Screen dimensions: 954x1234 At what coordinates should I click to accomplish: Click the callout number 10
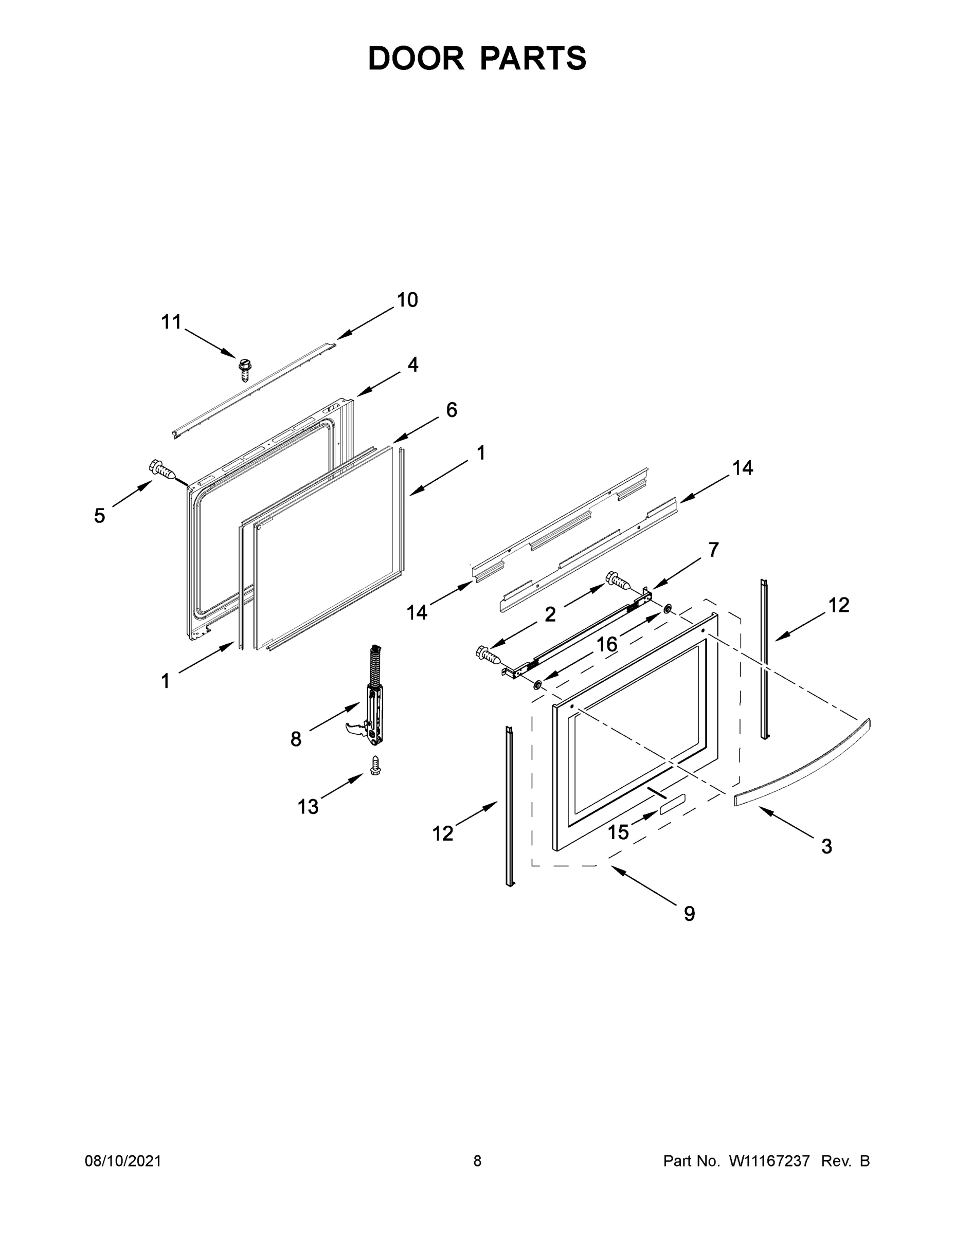coord(407,300)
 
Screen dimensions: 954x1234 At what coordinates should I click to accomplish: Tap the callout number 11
coord(171,322)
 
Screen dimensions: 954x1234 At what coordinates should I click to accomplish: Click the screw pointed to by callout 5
coord(161,469)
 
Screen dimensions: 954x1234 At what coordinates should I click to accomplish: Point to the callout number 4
coord(413,365)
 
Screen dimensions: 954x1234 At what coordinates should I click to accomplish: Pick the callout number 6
coord(452,410)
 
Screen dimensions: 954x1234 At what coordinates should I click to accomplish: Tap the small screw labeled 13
coord(375,766)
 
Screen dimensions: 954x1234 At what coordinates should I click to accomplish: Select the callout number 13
coord(308,807)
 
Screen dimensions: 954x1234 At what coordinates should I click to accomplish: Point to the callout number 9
coord(690,914)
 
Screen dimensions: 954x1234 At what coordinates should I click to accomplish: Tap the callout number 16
coord(607,645)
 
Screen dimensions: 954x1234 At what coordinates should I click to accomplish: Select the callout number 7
coord(713,549)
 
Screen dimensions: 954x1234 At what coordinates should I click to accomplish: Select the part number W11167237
coord(769,1161)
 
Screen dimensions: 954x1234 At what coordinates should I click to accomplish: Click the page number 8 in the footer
coord(478,1161)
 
